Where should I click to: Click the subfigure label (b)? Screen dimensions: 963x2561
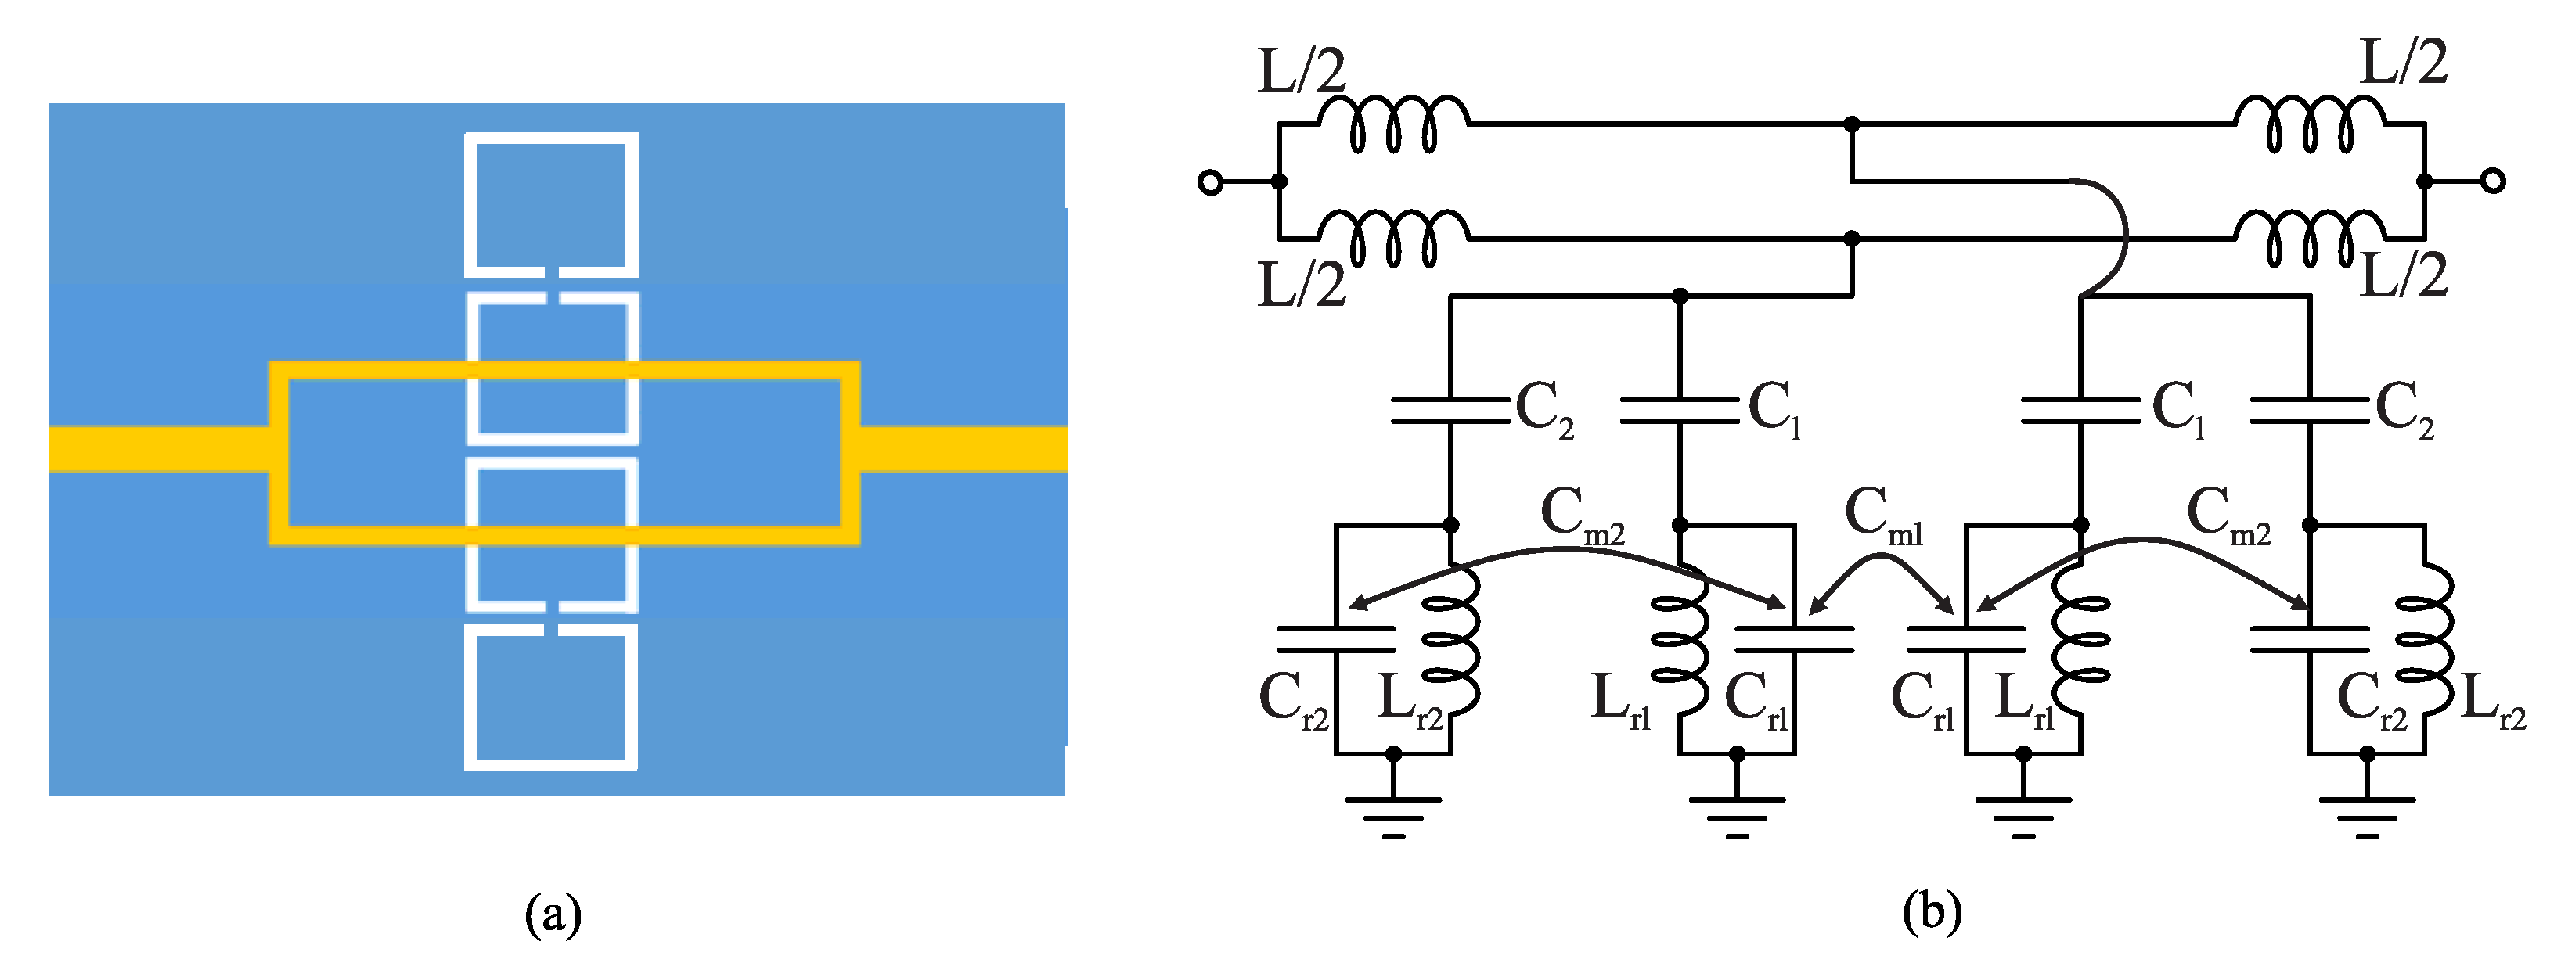[x=1932, y=912]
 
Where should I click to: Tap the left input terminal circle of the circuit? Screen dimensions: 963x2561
[x=1210, y=181]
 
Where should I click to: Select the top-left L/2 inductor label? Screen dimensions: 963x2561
[x=1300, y=71]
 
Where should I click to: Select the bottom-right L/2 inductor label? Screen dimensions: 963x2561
[x=2403, y=275]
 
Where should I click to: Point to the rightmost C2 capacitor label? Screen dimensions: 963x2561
[x=2404, y=408]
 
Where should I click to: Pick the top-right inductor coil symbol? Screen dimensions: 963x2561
[x=2308, y=125]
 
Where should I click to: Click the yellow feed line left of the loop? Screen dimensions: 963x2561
[x=159, y=448]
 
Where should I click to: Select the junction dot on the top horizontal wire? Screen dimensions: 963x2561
[x=1851, y=124]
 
